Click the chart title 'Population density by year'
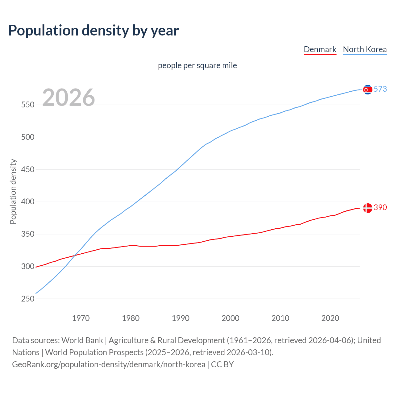pyautogui.click(x=94, y=31)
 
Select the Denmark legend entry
pyautogui.click(x=320, y=49)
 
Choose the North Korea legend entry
pyautogui.click(x=365, y=49)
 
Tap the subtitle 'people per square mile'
pyautogui.click(x=197, y=65)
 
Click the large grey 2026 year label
pyautogui.click(x=69, y=98)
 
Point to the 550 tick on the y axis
pyautogui.click(x=27, y=105)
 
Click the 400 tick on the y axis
pyautogui.click(x=27, y=202)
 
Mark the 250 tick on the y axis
pyautogui.click(x=27, y=299)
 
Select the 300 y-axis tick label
pyautogui.click(x=27, y=266)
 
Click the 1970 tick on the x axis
pyautogui.click(x=81, y=318)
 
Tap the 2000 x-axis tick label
pyautogui.click(x=231, y=318)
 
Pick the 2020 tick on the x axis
pyautogui.click(x=330, y=318)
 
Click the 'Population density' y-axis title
pyautogui.click(x=13, y=191)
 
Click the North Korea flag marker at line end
pyautogui.click(x=368, y=89)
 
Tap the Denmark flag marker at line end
pyautogui.click(x=368, y=208)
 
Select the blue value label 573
pyautogui.click(x=380, y=89)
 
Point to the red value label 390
pyautogui.click(x=380, y=208)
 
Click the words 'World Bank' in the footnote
pyautogui.click(x=82, y=340)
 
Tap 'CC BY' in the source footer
pyautogui.click(x=222, y=364)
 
